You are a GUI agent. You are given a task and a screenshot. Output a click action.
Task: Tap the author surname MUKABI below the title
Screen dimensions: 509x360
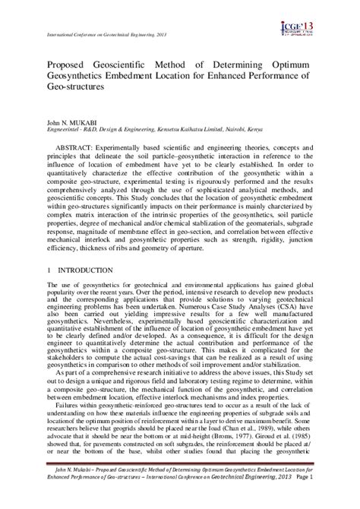click(88, 122)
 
